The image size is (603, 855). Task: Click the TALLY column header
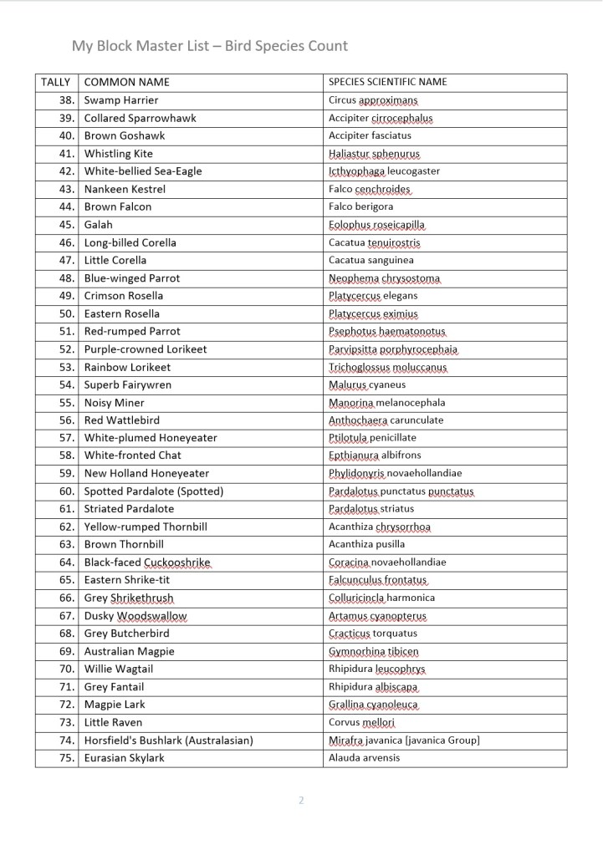[x=56, y=82]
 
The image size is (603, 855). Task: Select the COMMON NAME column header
[x=126, y=82]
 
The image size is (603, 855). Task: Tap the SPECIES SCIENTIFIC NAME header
[x=387, y=82]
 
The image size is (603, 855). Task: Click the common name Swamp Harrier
[x=121, y=100]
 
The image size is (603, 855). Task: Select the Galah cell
[x=98, y=225]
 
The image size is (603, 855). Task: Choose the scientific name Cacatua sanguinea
[x=370, y=260]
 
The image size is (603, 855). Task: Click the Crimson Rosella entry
[x=124, y=296]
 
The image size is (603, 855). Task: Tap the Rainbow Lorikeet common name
[x=127, y=367]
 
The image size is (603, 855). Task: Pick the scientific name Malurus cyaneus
[x=366, y=384]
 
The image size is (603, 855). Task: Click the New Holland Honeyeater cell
[x=146, y=474]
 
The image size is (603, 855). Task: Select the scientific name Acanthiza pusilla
[x=366, y=545]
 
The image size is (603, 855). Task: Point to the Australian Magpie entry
[x=129, y=651]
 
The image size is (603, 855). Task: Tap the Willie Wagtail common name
[x=119, y=669]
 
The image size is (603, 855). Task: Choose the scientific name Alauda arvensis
[x=364, y=758]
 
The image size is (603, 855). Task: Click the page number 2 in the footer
[x=301, y=801]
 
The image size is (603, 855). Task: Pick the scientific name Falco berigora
[x=360, y=206]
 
